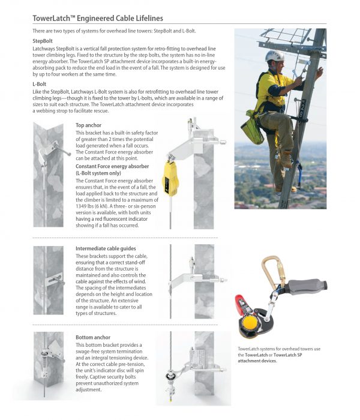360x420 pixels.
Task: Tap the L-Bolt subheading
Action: (40, 85)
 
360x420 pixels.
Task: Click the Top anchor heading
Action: (88, 125)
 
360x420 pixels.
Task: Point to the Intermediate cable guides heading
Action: (105, 248)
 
